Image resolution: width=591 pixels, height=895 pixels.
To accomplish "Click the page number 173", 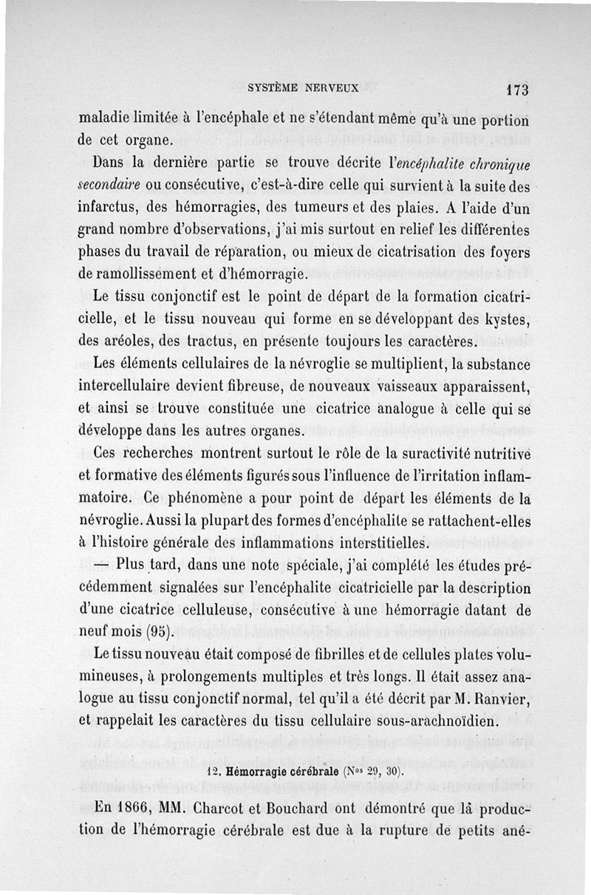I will coord(517,89).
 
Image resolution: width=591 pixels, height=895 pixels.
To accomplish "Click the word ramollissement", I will coord(142,273).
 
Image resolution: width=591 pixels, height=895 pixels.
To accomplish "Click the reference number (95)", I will coord(160,632).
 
